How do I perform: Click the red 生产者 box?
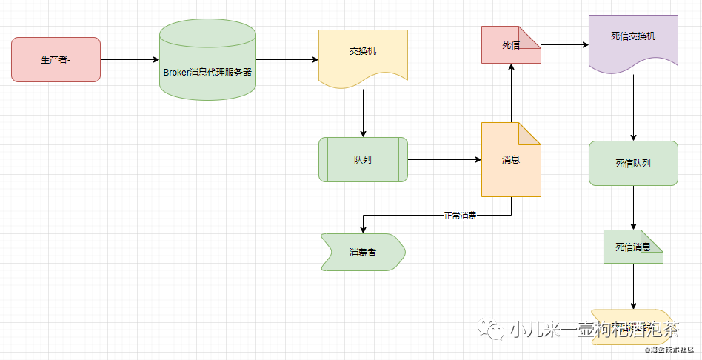tap(56, 59)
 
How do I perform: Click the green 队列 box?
tap(363, 159)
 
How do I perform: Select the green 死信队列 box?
tap(633, 163)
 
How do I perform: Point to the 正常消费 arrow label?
tap(460, 216)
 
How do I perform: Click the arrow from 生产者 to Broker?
tap(130, 59)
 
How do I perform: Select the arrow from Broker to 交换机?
tap(287, 59)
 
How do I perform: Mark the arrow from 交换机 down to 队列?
tap(363, 113)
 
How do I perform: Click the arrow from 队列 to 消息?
tap(444, 159)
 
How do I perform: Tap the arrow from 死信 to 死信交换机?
tap(565, 45)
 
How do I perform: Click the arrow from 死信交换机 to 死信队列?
tap(633, 107)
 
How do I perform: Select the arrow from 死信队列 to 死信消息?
tap(633, 207)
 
